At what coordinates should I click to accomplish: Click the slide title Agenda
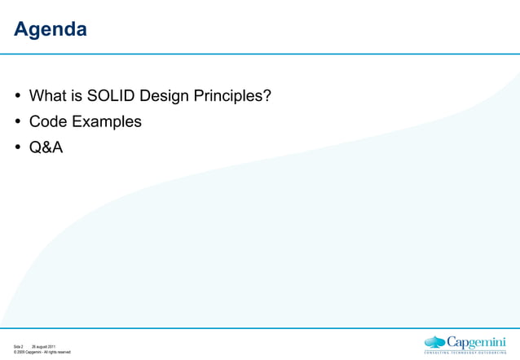click(51, 30)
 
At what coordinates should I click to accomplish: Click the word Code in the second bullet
click(48, 121)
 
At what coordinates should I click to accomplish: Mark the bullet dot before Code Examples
click(18, 122)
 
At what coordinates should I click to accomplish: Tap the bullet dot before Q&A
click(18, 147)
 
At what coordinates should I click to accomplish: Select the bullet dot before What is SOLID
click(18, 97)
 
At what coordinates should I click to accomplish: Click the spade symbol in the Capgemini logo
click(435, 342)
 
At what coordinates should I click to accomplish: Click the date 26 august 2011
click(43, 347)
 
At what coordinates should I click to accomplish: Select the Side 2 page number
click(18, 347)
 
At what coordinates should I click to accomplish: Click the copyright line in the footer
click(42, 353)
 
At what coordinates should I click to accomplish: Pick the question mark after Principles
click(267, 96)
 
